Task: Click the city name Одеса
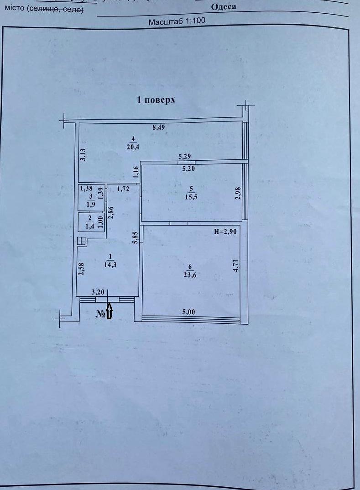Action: (224, 7)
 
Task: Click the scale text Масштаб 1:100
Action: (177, 21)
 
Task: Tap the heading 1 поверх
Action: (156, 100)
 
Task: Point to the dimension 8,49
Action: (158, 127)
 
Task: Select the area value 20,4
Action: (133, 147)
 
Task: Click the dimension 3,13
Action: (83, 154)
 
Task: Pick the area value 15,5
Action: (191, 197)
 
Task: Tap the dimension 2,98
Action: (238, 194)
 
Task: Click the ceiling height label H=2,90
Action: (225, 232)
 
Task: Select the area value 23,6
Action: (190, 275)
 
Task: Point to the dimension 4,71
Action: (236, 265)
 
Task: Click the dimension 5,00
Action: (189, 312)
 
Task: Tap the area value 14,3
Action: (110, 265)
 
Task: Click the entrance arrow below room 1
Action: (109, 311)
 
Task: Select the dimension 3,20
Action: (98, 292)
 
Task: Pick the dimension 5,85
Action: (135, 238)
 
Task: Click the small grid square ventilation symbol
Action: (81, 241)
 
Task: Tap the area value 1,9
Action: (91, 205)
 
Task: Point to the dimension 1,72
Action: (123, 189)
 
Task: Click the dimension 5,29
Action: (184, 156)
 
